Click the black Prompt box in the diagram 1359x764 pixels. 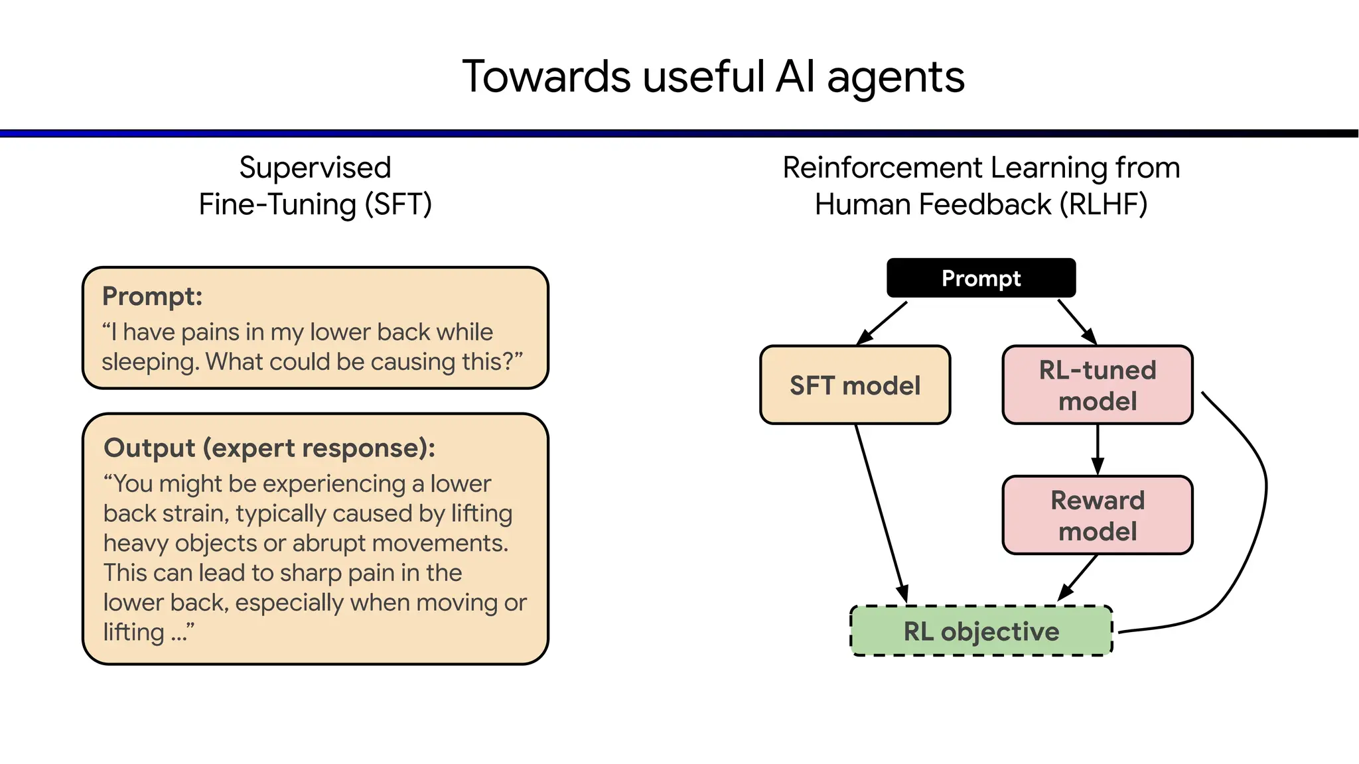981,278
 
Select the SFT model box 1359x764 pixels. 855,385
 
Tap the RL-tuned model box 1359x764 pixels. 1098,385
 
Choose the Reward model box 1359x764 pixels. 1098,515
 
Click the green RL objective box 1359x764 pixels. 981,631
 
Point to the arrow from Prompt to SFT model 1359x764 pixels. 883,322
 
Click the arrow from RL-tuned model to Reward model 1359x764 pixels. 1098,448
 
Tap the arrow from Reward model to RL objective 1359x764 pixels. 1078,577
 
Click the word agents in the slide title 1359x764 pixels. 895,78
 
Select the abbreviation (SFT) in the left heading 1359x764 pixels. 398,204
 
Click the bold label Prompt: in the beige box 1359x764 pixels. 152,296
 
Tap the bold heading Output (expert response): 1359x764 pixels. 269,448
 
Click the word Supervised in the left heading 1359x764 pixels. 315,168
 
